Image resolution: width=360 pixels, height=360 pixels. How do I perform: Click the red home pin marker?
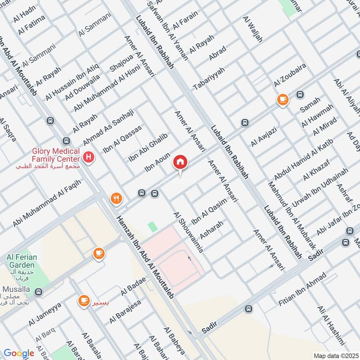click(180, 162)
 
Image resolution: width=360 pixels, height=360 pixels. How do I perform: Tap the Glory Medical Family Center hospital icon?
click(89, 157)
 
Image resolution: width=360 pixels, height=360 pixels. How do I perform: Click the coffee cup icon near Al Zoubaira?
click(283, 99)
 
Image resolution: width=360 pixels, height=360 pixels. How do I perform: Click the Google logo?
click(18, 353)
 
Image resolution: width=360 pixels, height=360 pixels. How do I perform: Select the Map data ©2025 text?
click(336, 355)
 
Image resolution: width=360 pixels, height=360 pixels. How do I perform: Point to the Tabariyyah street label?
click(208, 78)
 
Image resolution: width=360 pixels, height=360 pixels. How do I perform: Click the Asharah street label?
click(211, 231)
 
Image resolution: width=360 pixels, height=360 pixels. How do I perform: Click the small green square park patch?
click(153, 226)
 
